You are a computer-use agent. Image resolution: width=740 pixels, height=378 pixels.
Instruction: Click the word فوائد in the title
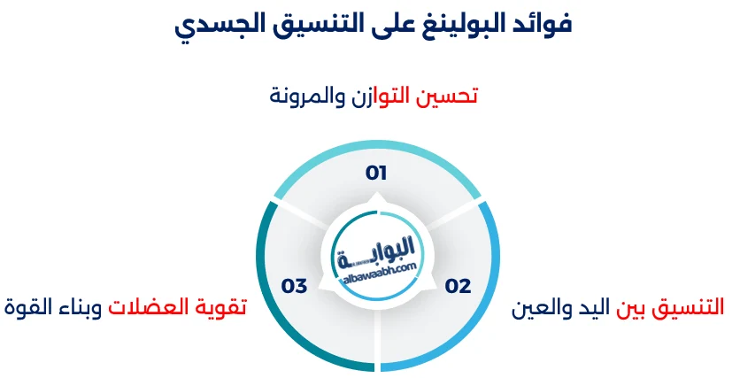539,24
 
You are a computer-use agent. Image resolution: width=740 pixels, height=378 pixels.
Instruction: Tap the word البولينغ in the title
451,24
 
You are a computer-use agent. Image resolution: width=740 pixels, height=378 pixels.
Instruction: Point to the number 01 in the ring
377,173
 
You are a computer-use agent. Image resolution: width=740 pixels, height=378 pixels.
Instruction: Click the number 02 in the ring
458,286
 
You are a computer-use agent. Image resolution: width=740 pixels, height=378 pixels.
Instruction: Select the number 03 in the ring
294,286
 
